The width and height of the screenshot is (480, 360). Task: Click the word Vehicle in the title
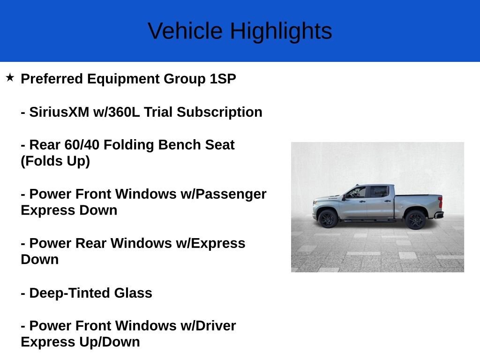(x=185, y=30)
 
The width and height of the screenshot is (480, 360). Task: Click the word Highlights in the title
(x=281, y=31)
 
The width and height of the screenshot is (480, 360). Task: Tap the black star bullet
(x=10, y=77)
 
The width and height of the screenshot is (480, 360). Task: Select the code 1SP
(x=223, y=79)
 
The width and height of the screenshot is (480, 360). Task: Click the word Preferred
(x=52, y=79)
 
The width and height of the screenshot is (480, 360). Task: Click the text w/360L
(x=117, y=112)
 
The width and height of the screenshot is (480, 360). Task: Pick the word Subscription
(x=219, y=112)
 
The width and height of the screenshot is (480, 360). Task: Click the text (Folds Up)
(x=55, y=161)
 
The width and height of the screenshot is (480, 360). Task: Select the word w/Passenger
(x=224, y=195)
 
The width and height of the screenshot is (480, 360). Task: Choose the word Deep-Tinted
(x=69, y=293)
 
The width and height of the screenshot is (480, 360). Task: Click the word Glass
(x=133, y=293)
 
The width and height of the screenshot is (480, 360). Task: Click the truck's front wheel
(x=328, y=218)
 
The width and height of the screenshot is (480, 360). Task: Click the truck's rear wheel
(x=415, y=219)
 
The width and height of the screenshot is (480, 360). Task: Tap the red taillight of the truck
(x=440, y=202)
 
